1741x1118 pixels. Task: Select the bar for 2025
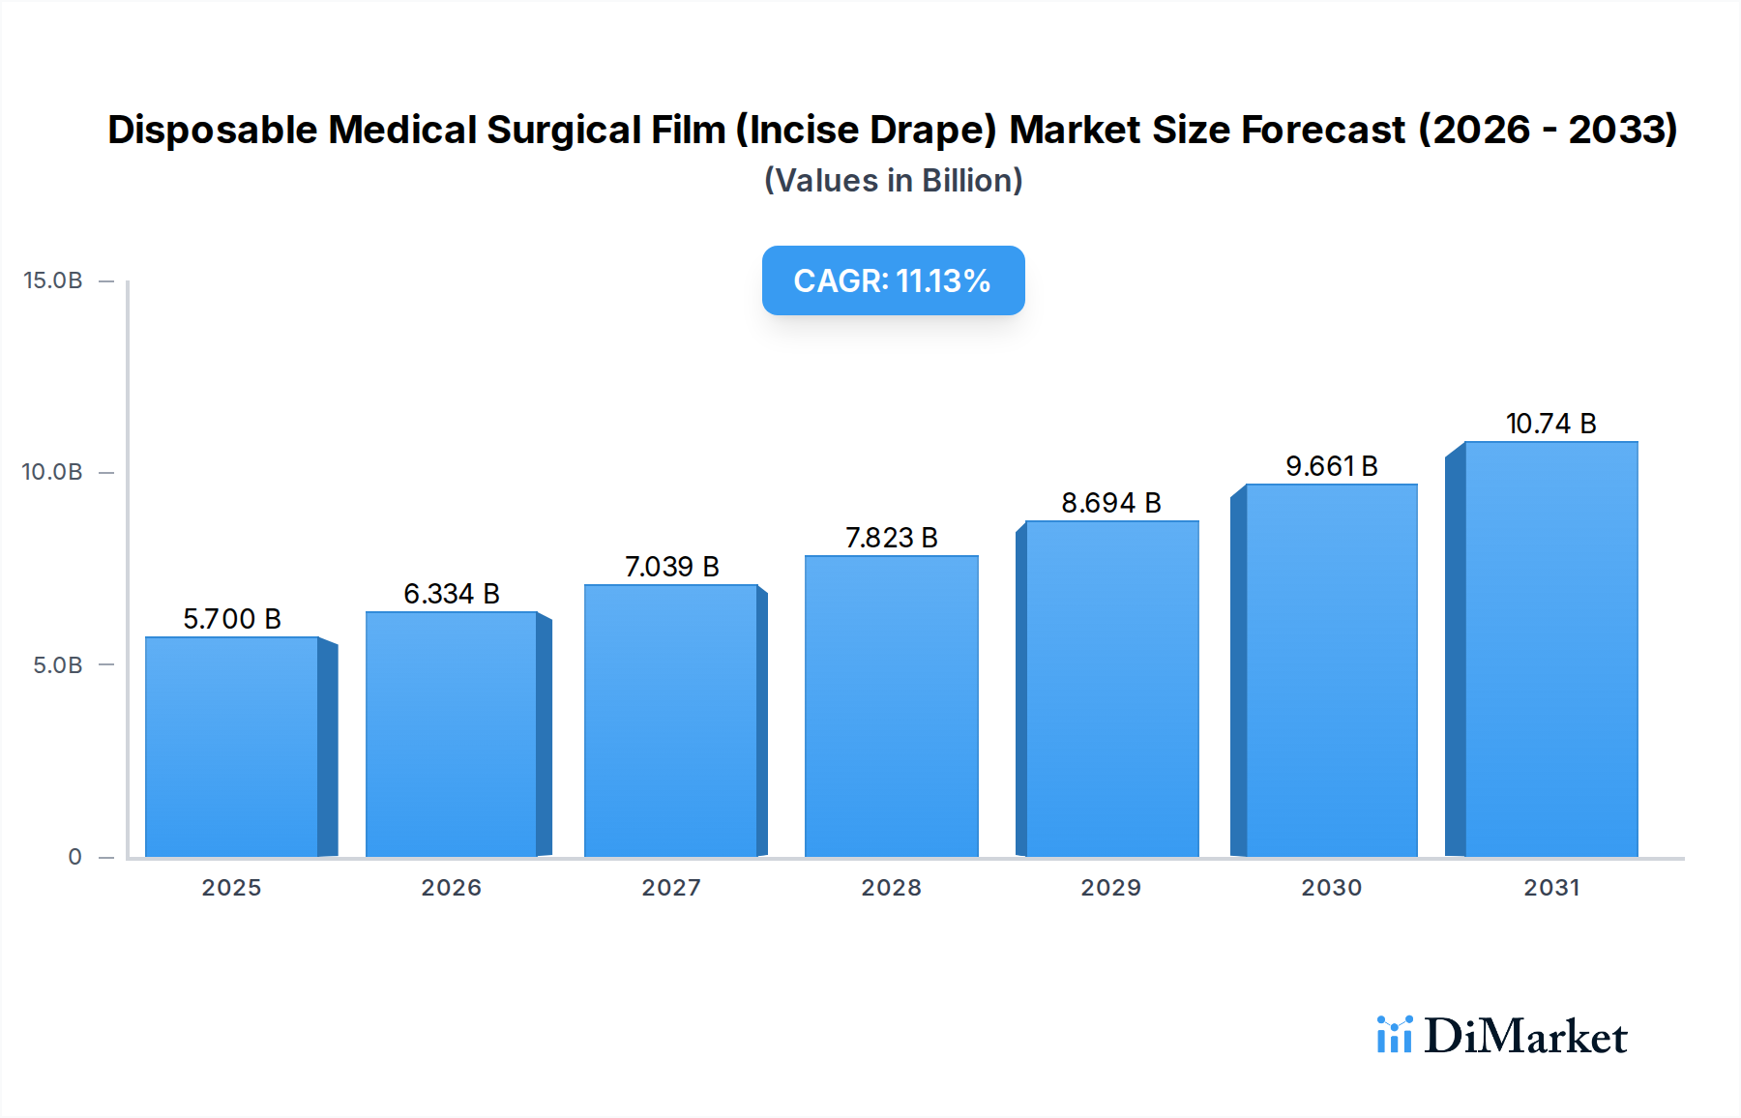232,747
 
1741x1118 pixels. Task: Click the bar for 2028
891,706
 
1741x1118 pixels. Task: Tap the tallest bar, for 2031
1550,649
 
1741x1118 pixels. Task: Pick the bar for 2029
1111,689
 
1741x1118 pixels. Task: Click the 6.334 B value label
452,594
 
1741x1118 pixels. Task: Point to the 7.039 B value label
671,567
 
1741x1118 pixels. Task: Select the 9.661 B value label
1331,466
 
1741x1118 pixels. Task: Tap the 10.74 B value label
1550,424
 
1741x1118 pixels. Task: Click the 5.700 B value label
232,619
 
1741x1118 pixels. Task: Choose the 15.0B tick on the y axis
53,280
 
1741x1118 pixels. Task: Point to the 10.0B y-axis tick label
52,472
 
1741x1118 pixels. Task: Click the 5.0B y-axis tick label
58,665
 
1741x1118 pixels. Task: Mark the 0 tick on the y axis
74,857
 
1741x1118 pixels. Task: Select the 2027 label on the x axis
671,888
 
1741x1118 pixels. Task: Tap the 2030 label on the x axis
1331,888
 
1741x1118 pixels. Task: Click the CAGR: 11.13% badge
893,280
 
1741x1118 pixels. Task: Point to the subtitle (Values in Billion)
893,181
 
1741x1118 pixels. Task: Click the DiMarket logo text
1525,1036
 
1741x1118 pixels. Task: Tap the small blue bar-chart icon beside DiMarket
1394,1035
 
